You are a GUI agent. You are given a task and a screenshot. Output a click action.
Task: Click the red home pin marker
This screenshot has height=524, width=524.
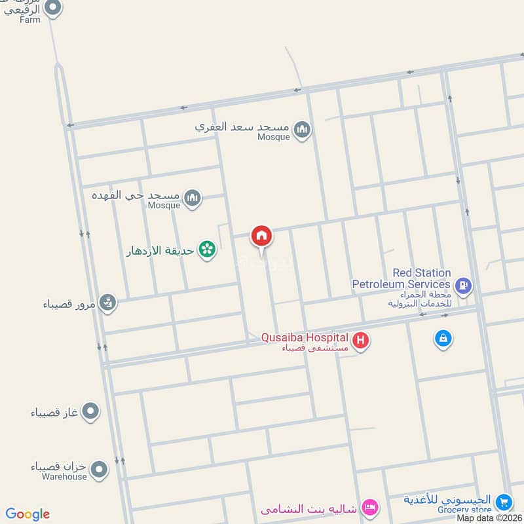pyautogui.click(x=261, y=236)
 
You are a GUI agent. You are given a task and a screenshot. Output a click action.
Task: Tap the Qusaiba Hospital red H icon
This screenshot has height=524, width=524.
pyautogui.click(x=360, y=341)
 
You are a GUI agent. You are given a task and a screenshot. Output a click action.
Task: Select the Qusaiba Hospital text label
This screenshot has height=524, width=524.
pyautogui.click(x=304, y=337)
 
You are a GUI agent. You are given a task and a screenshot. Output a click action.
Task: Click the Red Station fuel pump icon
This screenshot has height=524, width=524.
pyautogui.click(x=463, y=285)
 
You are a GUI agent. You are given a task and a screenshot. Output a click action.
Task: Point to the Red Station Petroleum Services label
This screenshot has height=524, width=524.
pyautogui.click(x=402, y=278)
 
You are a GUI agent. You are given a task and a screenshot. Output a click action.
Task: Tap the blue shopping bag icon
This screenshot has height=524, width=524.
pyautogui.click(x=443, y=339)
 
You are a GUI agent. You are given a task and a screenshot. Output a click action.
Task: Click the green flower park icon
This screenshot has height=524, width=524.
pyautogui.click(x=208, y=250)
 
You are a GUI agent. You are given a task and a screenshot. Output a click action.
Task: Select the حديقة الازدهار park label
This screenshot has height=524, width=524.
pyautogui.click(x=160, y=250)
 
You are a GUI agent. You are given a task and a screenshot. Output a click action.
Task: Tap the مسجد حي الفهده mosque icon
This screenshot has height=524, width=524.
pyautogui.click(x=192, y=197)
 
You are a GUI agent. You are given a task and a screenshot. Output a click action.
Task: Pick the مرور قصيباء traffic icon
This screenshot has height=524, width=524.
pyautogui.click(x=109, y=303)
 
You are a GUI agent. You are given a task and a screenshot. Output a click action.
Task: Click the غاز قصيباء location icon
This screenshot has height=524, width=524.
pyautogui.click(x=91, y=412)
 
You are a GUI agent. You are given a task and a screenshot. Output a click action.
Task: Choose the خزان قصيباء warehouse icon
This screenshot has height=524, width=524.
pyautogui.click(x=99, y=469)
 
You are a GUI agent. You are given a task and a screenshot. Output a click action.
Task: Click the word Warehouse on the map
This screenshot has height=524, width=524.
pyautogui.click(x=67, y=477)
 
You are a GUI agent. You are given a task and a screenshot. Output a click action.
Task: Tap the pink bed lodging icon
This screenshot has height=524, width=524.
pyautogui.click(x=370, y=507)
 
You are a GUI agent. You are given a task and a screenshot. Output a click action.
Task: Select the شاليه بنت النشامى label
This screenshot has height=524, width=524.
pyautogui.click(x=310, y=508)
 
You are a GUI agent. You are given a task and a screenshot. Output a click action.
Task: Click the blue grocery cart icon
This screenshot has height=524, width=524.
pyautogui.click(x=503, y=502)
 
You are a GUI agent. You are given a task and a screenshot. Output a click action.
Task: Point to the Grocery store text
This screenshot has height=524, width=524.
pyautogui.click(x=466, y=510)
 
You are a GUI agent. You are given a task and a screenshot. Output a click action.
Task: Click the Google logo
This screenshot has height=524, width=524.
pyautogui.click(x=28, y=514)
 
